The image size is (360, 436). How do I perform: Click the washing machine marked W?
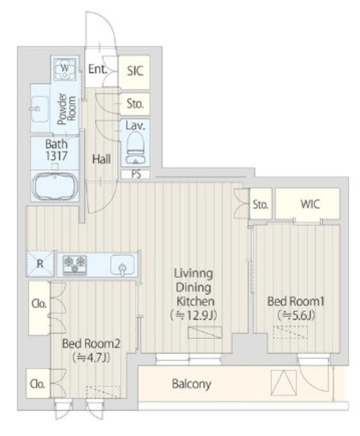[65, 69]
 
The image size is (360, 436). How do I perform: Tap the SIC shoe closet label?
[135, 71]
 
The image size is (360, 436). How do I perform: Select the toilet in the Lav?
[136, 147]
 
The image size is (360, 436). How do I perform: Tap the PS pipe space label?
[136, 174]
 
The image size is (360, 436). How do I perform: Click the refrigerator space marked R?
[40, 264]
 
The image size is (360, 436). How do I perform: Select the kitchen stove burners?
[75, 264]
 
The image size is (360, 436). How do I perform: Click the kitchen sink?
[122, 264]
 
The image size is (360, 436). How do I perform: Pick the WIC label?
[310, 204]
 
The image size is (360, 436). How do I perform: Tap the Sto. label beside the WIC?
[260, 204]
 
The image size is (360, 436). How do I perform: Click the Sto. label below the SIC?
[135, 104]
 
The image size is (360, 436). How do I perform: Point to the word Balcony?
[192, 384]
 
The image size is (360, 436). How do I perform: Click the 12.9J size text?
[194, 315]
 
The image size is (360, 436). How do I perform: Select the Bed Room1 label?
[296, 301]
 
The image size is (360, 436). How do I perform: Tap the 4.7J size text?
[91, 358]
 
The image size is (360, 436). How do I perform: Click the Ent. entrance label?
[97, 69]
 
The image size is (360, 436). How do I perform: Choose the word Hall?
[102, 159]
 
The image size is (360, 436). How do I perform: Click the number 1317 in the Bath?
[56, 156]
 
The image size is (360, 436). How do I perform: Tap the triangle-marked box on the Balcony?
[284, 383]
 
